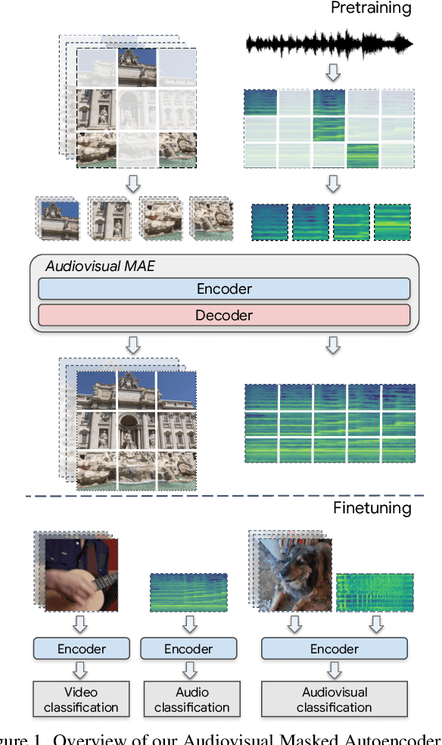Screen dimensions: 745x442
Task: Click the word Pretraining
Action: pyautogui.click(x=371, y=9)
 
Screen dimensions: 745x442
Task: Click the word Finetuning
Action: pyautogui.click(x=372, y=508)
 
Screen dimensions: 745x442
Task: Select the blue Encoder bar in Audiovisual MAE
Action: pyautogui.click(x=224, y=288)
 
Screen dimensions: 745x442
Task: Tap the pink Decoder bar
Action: pyautogui.click(x=224, y=314)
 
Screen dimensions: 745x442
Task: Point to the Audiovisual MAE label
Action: pyautogui.click(x=100, y=266)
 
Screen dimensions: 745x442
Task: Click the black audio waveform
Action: pyautogui.click(x=330, y=45)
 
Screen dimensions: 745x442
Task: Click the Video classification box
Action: pyautogui.click(x=81, y=700)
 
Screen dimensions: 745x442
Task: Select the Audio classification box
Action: pyautogui.click(x=192, y=700)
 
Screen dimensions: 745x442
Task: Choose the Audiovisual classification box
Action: pyautogui.click(x=335, y=700)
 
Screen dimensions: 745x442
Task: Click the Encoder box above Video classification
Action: pyautogui.click(x=82, y=649)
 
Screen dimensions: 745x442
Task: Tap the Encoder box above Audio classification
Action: pyautogui.click(x=189, y=649)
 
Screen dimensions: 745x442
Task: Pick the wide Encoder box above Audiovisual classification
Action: pyautogui.click(x=335, y=649)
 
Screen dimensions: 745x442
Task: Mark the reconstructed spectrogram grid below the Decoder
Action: pyautogui.click(x=330, y=422)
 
